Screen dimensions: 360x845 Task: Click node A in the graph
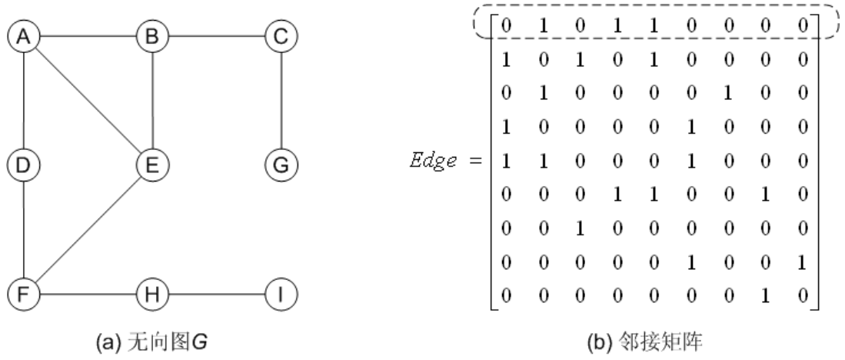24,35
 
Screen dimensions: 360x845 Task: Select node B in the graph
152,35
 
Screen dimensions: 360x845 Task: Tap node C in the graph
281,35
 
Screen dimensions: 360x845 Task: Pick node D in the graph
24,165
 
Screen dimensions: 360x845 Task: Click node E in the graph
152,165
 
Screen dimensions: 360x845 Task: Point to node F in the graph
24,294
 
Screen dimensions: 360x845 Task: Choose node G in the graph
281,165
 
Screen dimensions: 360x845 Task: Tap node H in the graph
152,294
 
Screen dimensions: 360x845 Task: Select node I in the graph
281,294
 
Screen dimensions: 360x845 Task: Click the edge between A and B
88,35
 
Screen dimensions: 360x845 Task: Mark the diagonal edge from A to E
88,100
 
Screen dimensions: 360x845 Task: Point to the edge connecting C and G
281,100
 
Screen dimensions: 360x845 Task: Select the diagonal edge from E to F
88,229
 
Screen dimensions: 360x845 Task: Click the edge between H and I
217,294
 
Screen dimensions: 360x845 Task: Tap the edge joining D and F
24,229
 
